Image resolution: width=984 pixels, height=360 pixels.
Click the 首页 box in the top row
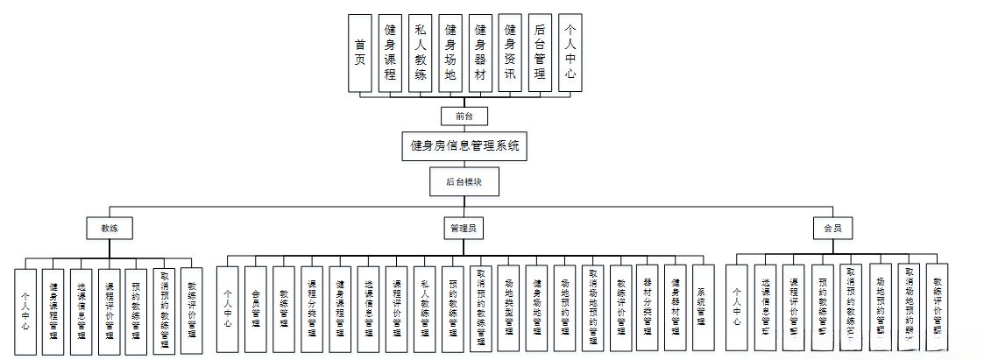click(359, 53)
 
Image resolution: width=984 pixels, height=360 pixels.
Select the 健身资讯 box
click(510, 53)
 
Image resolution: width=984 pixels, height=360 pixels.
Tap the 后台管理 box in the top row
click(540, 53)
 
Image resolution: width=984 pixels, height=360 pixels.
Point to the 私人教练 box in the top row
click(421, 53)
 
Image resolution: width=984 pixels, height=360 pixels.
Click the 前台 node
click(464, 116)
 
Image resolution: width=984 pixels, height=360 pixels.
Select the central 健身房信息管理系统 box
click(464, 145)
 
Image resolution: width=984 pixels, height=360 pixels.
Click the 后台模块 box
click(464, 181)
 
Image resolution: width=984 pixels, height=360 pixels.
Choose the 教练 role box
click(110, 228)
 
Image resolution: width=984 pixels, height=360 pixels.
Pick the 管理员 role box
click(463, 228)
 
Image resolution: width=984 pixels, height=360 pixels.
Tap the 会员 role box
click(832, 228)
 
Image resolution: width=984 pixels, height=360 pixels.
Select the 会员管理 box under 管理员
click(256, 309)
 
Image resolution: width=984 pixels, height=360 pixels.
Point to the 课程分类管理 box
click(312, 309)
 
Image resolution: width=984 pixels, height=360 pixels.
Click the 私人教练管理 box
click(424, 309)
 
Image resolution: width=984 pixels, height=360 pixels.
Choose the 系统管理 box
click(704, 309)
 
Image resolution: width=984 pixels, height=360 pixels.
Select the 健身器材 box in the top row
click(479, 53)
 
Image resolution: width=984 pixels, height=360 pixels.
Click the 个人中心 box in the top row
click(570, 53)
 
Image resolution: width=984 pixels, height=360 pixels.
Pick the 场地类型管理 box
click(508, 309)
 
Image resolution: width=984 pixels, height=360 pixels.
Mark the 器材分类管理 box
click(648, 309)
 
